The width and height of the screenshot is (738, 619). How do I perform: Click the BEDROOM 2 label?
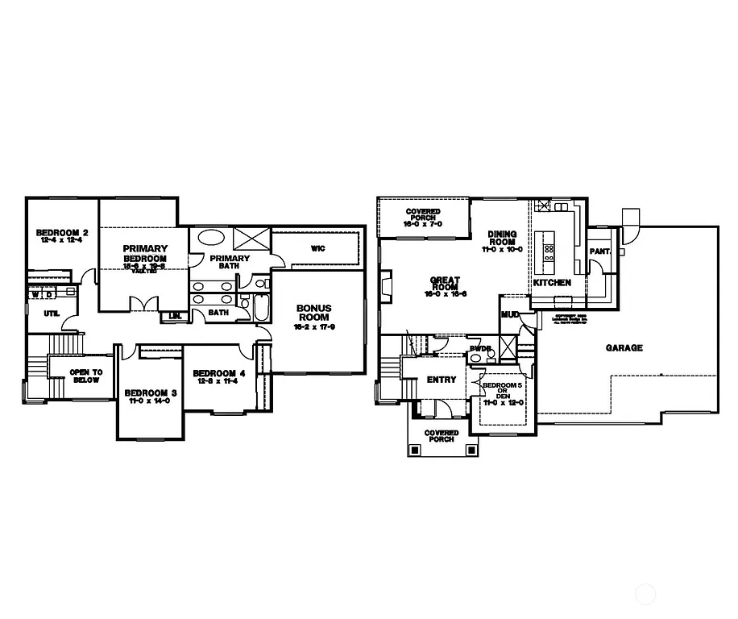pyautogui.click(x=62, y=233)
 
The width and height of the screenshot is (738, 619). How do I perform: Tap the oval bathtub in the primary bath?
pyautogui.click(x=212, y=238)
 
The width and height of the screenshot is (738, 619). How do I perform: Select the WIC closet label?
pyautogui.click(x=317, y=248)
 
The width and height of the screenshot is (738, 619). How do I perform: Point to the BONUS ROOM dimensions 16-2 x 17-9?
pyautogui.click(x=313, y=326)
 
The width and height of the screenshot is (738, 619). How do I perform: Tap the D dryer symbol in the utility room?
pyautogui.click(x=48, y=295)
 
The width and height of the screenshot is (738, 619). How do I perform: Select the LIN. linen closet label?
pyautogui.click(x=174, y=316)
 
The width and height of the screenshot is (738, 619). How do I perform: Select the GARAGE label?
pyautogui.click(x=624, y=348)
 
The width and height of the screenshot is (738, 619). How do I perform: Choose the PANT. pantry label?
pyautogui.click(x=599, y=251)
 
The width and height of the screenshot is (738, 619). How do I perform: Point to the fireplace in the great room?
pyautogui.click(x=385, y=285)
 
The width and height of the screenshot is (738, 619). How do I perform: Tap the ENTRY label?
pyautogui.click(x=441, y=380)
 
